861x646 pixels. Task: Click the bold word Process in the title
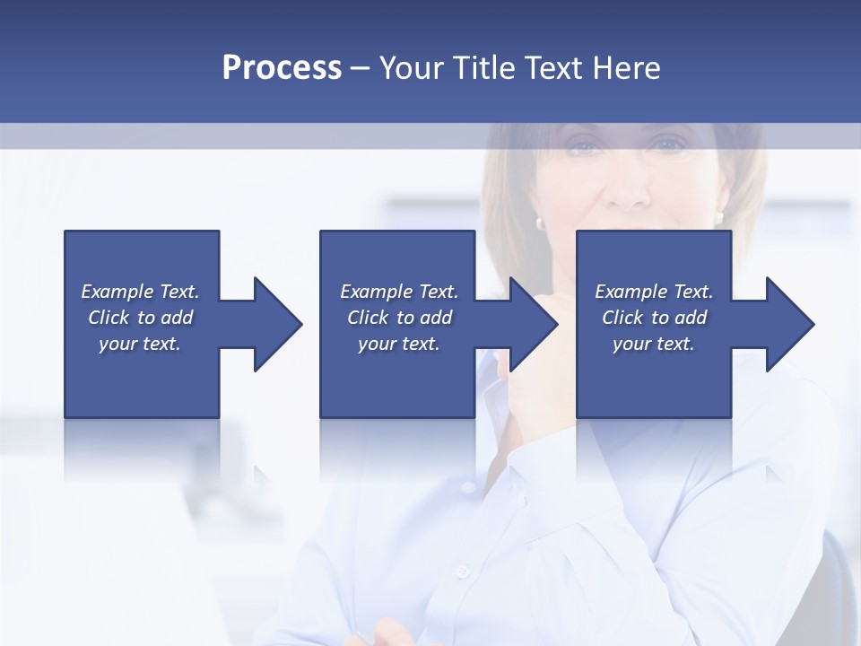click(282, 68)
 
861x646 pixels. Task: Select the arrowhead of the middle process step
click(533, 324)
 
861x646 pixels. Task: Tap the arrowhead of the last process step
click(789, 324)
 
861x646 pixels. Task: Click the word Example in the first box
click(117, 292)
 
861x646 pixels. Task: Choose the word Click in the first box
click(109, 318)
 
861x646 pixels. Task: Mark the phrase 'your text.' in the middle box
click(398, 344)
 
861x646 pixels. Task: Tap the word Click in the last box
click(623, 318)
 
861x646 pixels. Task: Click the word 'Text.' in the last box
click(691, 292)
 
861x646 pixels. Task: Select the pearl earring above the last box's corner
click(719, 217)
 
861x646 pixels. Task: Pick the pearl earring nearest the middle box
click(540, 222)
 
